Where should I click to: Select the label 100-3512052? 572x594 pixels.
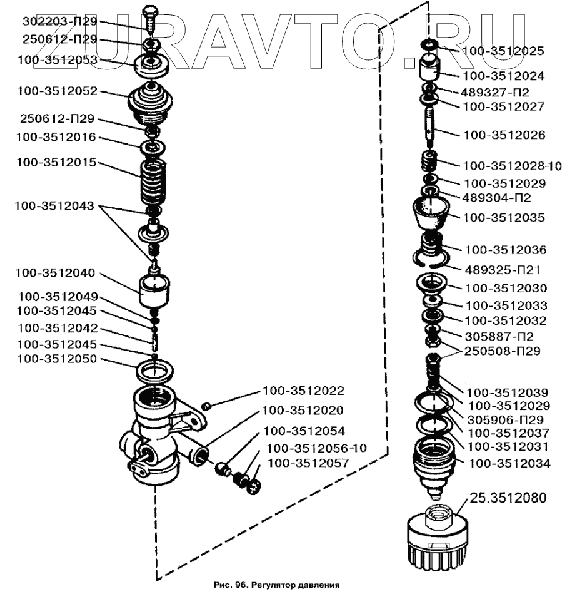click(57, 91)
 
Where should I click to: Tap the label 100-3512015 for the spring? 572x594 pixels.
click(57, 162)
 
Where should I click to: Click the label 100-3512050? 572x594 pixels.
click(57, 359)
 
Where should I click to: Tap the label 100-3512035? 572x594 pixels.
click(504, 218)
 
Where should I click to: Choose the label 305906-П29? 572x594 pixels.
click(505, 419)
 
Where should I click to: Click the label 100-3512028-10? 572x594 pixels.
click(513, 166)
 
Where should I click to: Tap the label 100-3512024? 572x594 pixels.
click(504, 76)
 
